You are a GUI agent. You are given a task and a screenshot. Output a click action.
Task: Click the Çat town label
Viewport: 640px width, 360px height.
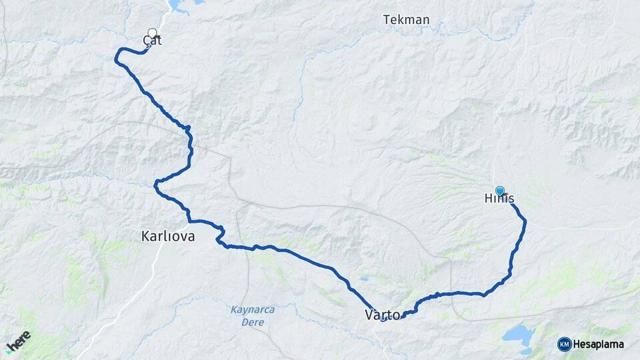coord(153,41)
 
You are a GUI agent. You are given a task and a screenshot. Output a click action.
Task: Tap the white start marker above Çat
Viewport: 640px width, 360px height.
coord(153,33)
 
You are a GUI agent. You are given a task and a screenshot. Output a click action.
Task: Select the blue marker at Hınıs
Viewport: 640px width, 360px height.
coord(499,191)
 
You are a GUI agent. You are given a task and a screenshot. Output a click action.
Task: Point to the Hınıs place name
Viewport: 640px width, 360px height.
coord(499,199)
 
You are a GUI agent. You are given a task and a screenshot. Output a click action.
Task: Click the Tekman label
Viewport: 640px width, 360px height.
coord(406,20)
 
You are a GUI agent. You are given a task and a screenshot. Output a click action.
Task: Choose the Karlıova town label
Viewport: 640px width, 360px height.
coord(168,236)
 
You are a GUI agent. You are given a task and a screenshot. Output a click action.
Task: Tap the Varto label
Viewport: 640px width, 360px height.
coord(383,315)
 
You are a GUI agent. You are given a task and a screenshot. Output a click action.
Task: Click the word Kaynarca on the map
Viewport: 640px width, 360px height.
coord(253,310)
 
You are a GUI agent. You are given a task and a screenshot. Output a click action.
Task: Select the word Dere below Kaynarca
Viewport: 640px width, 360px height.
coord(253,322)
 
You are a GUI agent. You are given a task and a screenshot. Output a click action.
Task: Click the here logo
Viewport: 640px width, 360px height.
coord(18,341)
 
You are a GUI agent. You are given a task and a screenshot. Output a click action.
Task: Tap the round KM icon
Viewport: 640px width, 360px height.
coord(564,344)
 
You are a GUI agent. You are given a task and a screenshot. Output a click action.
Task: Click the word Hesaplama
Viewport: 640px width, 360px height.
coord(598,344)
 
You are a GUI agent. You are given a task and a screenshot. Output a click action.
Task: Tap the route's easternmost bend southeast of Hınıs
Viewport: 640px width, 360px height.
coord(525,221)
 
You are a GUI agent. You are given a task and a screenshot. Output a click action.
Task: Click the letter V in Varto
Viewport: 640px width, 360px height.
coord(369,315)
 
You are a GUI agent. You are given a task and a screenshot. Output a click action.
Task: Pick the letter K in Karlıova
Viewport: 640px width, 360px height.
coord(146,236)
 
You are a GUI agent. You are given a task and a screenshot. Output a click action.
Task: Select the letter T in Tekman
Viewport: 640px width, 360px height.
coord(387,20)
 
